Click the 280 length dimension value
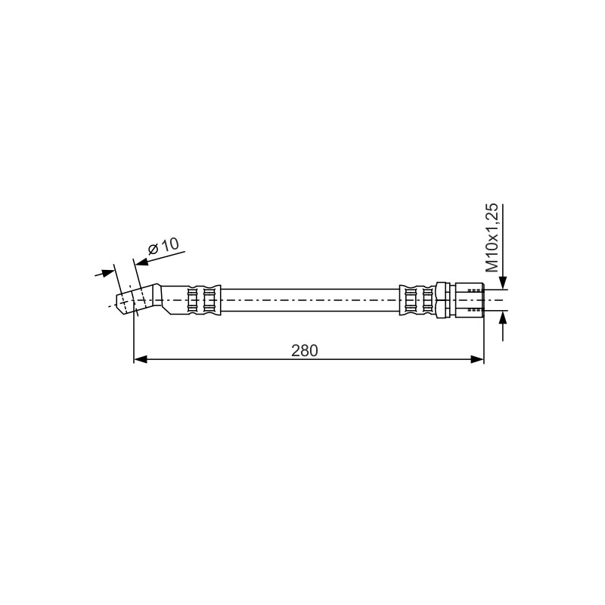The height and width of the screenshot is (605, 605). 305,351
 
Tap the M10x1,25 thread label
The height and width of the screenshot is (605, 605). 492,238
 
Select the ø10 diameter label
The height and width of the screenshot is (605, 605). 163,247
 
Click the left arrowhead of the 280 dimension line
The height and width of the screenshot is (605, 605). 141,360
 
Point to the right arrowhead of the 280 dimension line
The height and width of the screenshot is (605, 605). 477,360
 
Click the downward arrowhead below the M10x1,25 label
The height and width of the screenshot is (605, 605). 503,282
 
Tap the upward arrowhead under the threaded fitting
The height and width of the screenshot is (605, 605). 503,317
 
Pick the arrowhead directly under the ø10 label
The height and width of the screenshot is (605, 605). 142,262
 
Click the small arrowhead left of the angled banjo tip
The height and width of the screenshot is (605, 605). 109,273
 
